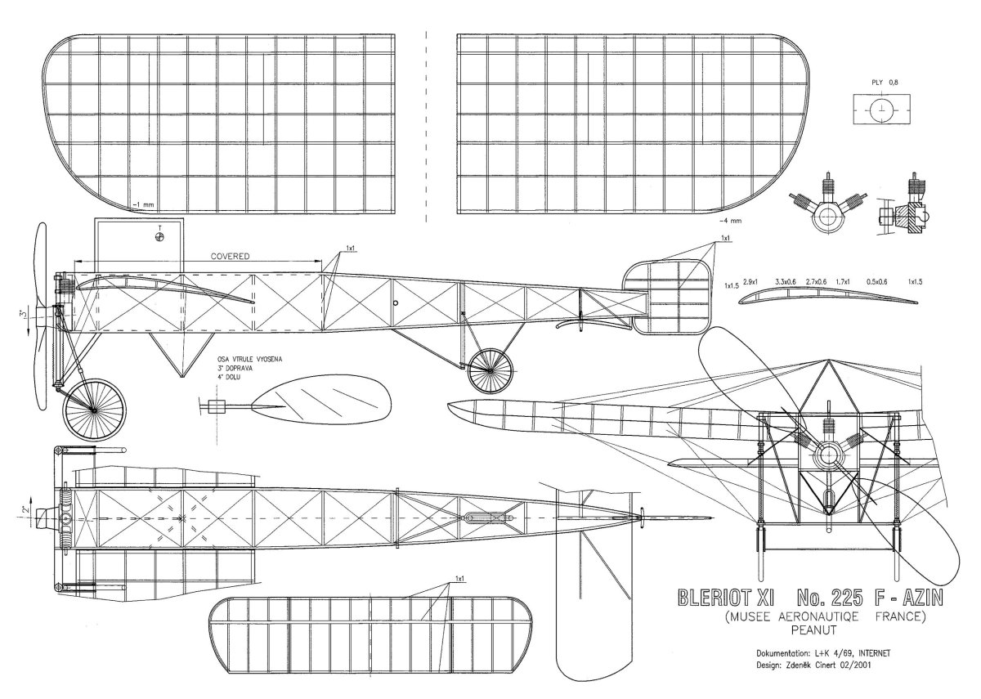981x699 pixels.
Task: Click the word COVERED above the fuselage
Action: point(230,256)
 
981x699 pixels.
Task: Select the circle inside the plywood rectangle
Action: point(881,110)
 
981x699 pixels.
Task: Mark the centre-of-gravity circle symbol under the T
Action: point(159,238)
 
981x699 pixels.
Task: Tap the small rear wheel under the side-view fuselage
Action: point(490,370)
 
